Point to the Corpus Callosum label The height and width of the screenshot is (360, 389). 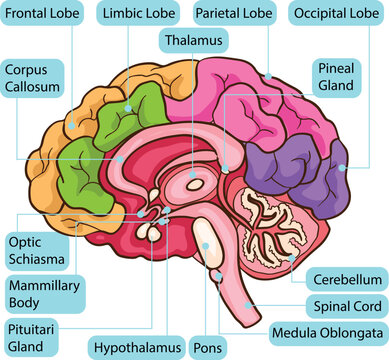tap(33, 79)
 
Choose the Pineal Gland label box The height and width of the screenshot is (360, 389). tap(337, 77)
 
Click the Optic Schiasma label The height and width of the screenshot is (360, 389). tap(35, 250)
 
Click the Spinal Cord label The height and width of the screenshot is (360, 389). tap(343, 305)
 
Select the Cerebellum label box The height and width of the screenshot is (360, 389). tap(345, 279)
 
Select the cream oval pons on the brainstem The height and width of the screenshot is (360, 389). tap(205, 238)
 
